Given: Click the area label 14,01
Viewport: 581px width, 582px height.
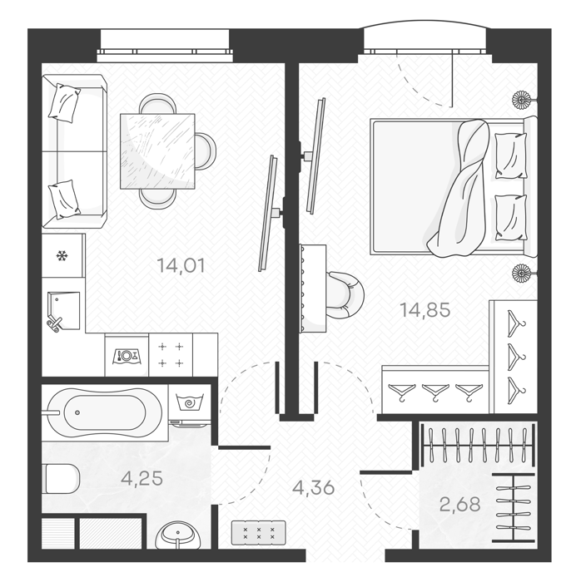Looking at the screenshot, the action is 181,266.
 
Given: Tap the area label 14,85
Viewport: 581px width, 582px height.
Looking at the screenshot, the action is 425,309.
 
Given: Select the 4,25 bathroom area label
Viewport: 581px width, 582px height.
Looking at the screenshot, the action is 142,478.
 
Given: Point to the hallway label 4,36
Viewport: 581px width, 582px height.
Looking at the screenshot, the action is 314,487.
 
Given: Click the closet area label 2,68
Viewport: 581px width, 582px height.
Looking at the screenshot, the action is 460,504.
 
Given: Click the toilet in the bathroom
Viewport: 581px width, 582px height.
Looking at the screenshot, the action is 61,478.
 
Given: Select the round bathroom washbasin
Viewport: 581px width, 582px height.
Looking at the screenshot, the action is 179,535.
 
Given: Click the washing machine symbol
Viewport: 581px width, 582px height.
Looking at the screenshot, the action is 190,406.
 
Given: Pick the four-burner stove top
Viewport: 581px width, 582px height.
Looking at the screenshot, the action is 171,355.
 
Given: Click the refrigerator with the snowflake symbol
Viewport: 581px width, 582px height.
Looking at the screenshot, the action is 62,256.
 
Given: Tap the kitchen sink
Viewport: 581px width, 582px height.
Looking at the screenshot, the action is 63,311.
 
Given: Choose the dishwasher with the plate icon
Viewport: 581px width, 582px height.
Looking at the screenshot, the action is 127,355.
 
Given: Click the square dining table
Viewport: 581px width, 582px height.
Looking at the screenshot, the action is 157,151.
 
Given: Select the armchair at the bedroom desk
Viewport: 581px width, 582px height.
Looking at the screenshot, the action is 345,294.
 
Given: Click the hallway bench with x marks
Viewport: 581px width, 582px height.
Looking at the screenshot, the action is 259,533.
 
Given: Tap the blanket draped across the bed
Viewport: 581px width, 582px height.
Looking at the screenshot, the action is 458,188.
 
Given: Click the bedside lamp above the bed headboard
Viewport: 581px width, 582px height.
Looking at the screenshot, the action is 523,100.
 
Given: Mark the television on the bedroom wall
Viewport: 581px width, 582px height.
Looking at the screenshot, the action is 315,155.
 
